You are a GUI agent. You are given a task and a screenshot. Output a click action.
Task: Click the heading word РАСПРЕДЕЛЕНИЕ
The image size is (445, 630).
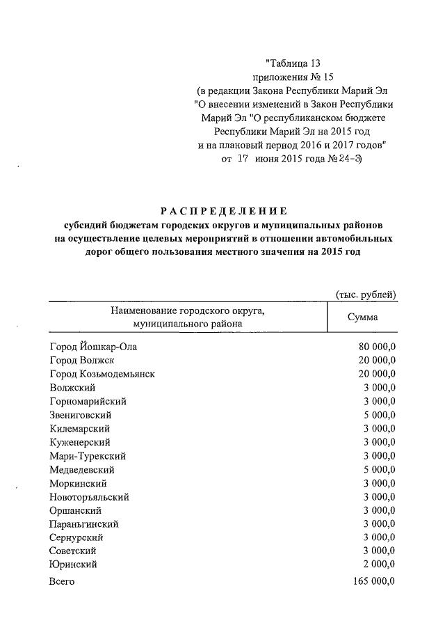point(223,211)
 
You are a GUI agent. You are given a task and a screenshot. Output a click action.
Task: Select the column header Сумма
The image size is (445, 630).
point(362,317)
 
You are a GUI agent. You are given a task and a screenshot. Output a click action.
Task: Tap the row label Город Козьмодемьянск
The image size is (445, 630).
point(102,374)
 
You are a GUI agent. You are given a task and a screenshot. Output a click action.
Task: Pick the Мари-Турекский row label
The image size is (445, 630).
point(88,456)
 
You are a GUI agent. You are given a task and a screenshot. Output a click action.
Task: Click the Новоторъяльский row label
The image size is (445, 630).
point(90,497)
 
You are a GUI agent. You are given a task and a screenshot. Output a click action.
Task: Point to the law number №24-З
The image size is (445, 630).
point(348,159)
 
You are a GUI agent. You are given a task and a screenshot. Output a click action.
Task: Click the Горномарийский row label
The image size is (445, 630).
point(88,402)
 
